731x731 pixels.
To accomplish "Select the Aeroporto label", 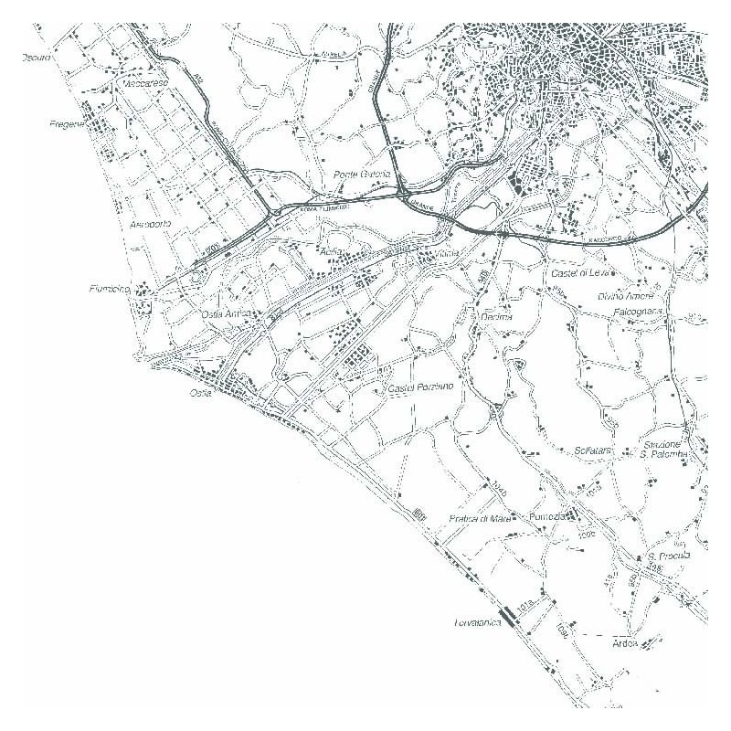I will (150, 225).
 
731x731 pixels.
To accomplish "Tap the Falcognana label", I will (650, 313).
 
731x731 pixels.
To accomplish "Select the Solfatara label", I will (592, 451).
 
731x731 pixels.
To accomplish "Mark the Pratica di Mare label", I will (480, 518).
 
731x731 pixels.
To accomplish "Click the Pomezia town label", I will (549, 517).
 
